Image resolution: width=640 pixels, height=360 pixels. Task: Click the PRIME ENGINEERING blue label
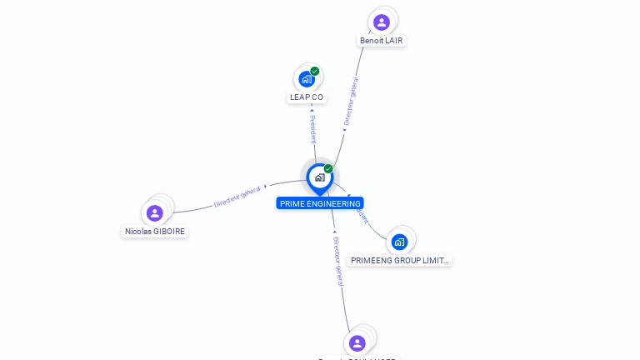(x=320, y=203)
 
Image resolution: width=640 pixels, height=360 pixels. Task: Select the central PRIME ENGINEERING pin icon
(x=319, y=177)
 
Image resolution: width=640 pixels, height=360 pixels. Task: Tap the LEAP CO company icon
(x=307, y=79)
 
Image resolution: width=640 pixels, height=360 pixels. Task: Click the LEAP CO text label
(x=307, y=97)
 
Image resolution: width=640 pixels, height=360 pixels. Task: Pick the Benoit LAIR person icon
(x=382, y=22)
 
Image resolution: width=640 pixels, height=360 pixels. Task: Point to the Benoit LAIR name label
(x=382, y=41)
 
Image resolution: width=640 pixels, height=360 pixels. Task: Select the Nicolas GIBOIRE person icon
(x=154, y=213)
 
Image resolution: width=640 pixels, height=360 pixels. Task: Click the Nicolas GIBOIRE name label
(x=155, y=232)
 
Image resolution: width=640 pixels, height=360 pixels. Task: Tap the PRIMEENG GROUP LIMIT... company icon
(x=399, y=242)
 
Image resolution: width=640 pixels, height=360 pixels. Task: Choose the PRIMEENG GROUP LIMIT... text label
(x=400, y=261)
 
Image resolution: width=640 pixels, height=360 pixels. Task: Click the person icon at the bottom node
(x=357, y=343)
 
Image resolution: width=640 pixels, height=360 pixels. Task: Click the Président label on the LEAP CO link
(x=312, y=130)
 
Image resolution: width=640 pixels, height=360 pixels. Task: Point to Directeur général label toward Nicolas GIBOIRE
(x=237, y=197)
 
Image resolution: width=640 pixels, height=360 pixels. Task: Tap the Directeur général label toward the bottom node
(x=338, y=261)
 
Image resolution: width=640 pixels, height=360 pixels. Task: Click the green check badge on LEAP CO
(x=315, y=72)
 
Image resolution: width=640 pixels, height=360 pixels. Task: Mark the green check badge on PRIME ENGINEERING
(x=328, y=169)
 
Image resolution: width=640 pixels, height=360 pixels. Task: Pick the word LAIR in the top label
(x=395, y=41)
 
